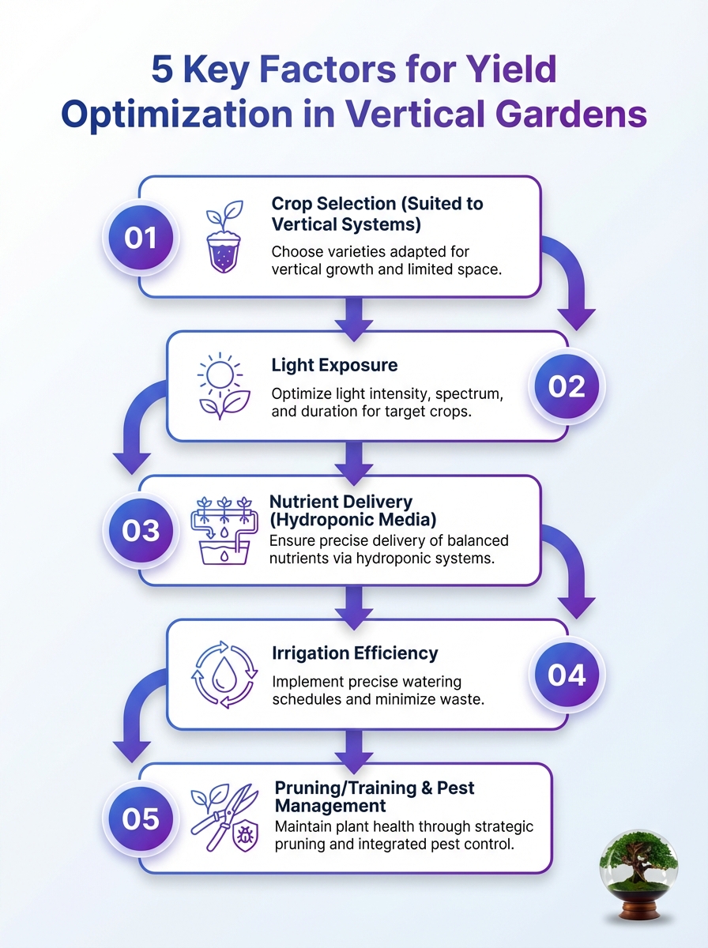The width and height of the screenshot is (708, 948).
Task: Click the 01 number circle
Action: pyautogui.click(x=141, y=238)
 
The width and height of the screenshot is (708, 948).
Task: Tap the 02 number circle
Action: pyautogui.click(x=567, y=386)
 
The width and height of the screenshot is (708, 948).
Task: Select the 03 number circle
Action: pyautogui.click(x=141, y=530)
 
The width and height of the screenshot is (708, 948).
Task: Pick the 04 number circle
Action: pyautogui.click(x=567, y=675)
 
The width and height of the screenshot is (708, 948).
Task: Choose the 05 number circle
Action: pyautogui.click(x=141, y=819)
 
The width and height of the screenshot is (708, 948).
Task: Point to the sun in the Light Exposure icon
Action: pyautogui.click(x=220, y=374)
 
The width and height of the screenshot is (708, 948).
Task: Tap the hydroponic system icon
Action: pyautogui.click(x=224, y=530)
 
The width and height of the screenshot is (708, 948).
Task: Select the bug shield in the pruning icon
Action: pyautogui.click(x=246, y=837)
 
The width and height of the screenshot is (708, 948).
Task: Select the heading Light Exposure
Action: pyautogui.click(x=334, y=366)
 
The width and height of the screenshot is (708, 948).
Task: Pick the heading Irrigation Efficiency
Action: pyautogui.click(x=355, y=653)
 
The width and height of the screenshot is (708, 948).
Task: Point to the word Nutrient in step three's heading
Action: pyautogui.click(x=302, y=502)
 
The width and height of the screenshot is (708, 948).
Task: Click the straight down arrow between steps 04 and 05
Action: pyautogui.click(x=354, y=752)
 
